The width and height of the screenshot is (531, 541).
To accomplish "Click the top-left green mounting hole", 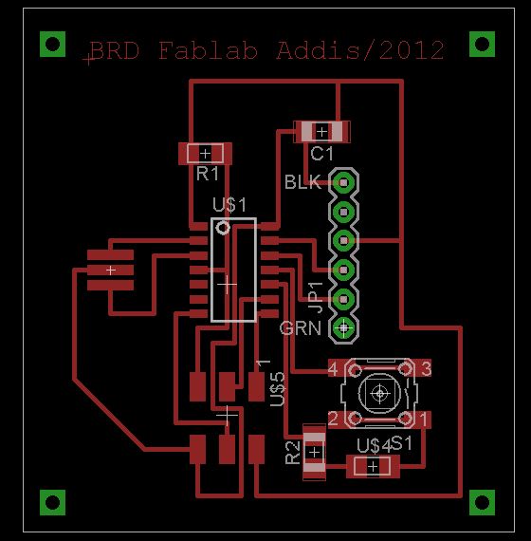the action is click(x=53, y=45).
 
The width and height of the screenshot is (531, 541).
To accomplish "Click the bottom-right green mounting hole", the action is click(x=482, y=502).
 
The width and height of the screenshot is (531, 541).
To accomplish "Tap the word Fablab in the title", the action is click(x=208, y=50).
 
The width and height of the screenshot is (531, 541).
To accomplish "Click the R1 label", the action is click(x=208, y=174).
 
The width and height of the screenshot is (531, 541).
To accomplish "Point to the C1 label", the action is click(x=321, y=154).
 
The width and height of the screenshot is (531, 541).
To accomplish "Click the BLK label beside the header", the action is click(x=302, y=182).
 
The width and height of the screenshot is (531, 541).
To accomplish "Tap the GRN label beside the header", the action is click(x=301, y=328).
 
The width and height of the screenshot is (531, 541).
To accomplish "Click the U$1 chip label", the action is click(x=229, y=205).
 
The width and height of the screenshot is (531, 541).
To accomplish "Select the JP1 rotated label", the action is click(x=315, y=297).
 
